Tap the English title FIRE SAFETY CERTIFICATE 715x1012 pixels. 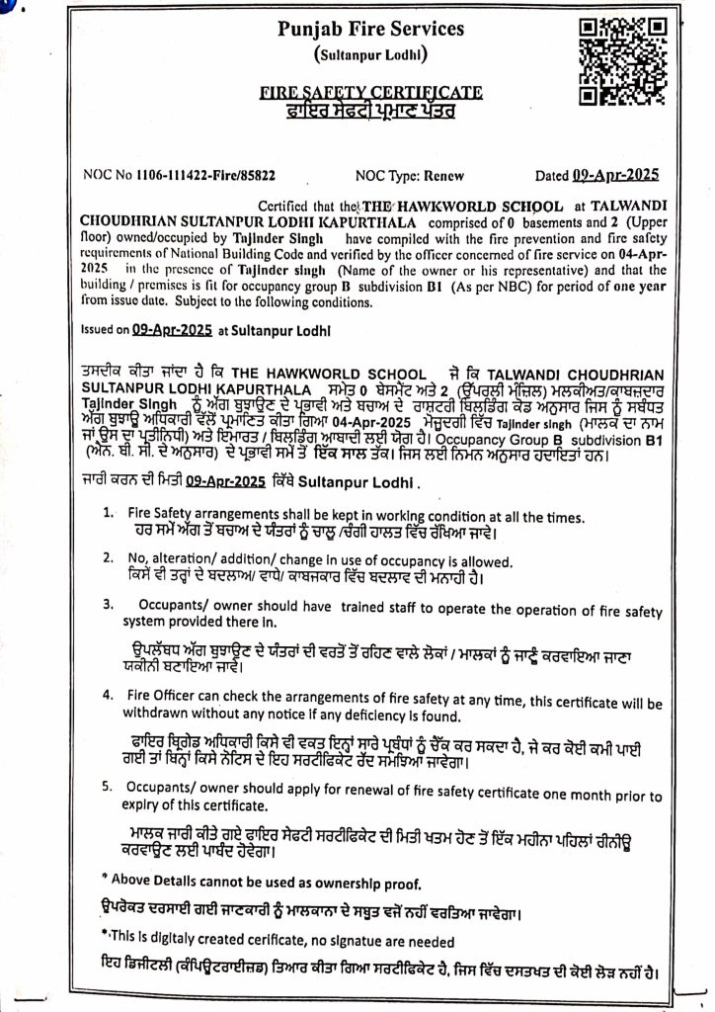tap(371, 93)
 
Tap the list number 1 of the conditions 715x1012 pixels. tap(108, 515)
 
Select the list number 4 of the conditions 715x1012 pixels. tap(108, 696)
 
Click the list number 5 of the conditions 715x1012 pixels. tap(108, 788)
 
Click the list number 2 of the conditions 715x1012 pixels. tap(108, 559)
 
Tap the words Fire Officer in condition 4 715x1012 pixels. tap(163, 696)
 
